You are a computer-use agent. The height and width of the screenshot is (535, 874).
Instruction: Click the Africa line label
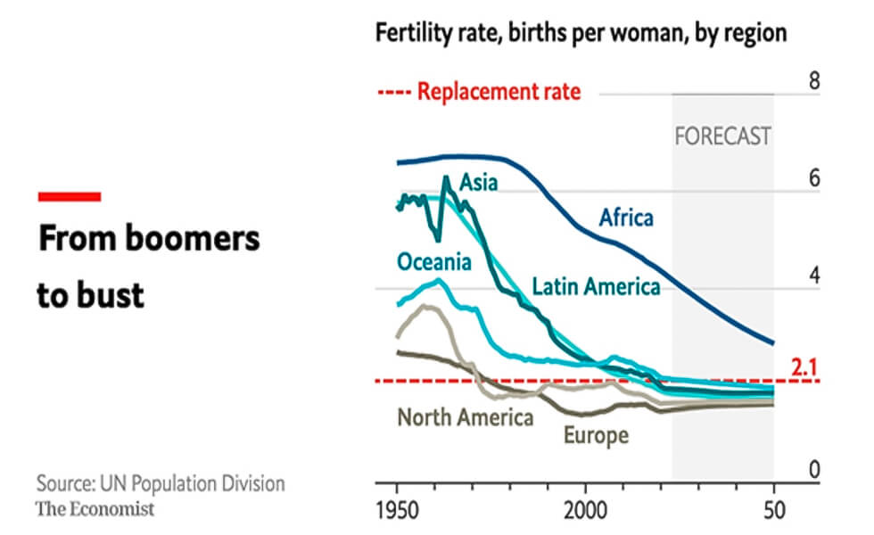click(x=625, y=218)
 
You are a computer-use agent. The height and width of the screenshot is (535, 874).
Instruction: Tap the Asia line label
click(x=478, y=184)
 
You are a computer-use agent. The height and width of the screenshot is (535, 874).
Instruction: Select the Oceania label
click(x=433, y=262)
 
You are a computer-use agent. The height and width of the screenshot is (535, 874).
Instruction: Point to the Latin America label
click(x=596, y=286)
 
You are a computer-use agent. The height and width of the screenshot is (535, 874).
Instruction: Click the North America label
click(x=465, y=417)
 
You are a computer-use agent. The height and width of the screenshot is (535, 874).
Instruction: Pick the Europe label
click(x=596, y=435)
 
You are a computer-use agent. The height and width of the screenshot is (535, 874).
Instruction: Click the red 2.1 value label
click(x=805, y=367)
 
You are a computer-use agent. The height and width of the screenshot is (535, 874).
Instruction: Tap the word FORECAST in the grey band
click(x=722, y=137)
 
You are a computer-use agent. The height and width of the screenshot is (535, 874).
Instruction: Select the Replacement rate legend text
click(x=499, y=92)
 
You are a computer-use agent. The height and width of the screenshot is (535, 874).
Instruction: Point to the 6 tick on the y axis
click(x=813, y=177)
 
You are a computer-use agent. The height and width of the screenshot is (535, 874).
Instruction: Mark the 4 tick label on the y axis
click(x=813, y=275)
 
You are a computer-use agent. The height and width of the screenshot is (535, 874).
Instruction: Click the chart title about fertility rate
click(x=581, y=34)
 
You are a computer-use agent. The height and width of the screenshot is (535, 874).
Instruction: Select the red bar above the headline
click(x=69, y=196)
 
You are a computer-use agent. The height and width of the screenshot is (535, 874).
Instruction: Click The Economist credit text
click(x=95, y=509)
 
